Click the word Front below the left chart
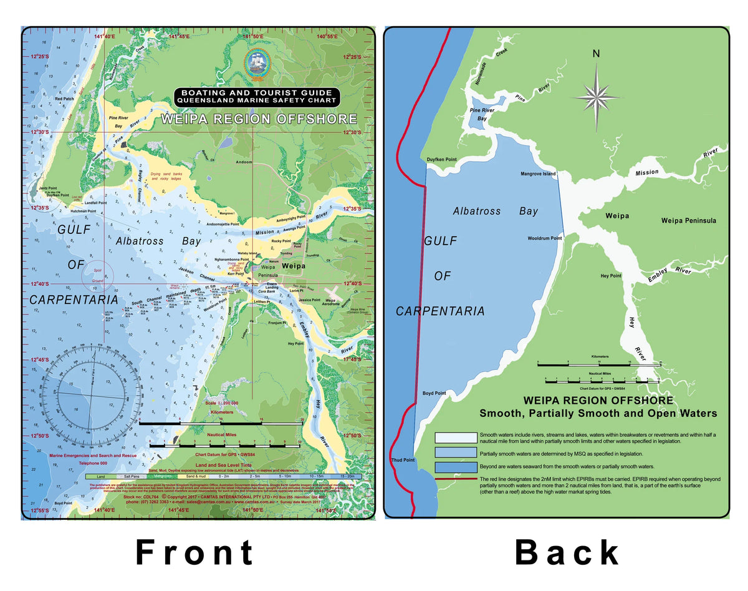click(194, 552)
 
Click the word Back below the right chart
click(567, 552)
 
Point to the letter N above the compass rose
click(597, 54)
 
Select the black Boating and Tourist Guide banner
click(257, 95)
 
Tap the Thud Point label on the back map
click(403, 460)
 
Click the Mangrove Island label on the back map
click(537, 174)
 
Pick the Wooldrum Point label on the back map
click(544, 238)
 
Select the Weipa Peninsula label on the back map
click(688, 220)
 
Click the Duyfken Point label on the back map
click(441, 160)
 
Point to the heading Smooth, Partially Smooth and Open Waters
click(598, 413)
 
